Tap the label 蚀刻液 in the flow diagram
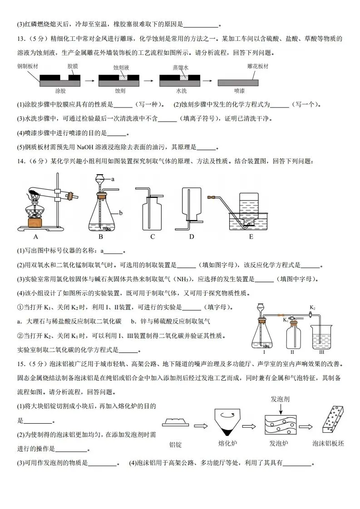(x=121, y=67)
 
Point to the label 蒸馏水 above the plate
(x=180, y=67)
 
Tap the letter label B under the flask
(x=101, y=236)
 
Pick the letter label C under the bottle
(x=153, y=236)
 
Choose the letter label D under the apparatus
(x=192, y=236)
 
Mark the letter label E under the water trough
(x=251, y=236)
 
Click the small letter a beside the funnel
(x=112, y=179)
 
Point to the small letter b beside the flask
(x=121, y=212)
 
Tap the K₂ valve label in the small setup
(x=312, y=308)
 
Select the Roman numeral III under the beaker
(x=321, y=351)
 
